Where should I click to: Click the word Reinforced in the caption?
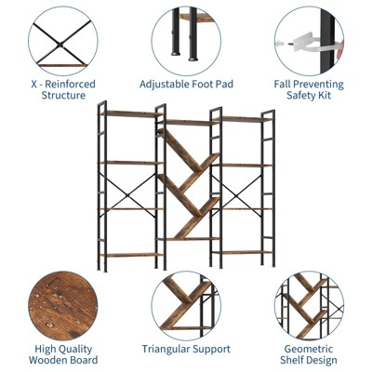click(x=71, y=85)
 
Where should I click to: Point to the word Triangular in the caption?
click(x=166, y=349)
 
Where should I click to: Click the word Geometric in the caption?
click(x=309, y=349)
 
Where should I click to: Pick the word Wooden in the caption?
click(x=46, y=360)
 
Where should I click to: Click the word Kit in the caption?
click(x=325, y=95)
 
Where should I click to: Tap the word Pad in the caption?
click(x=225, y=85)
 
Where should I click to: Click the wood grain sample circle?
click(x=63, y=306)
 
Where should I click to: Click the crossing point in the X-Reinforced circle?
click(x=60, y=46)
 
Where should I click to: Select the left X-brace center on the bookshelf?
click(x=126, y=195)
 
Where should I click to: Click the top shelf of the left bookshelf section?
click(x=132, y=113)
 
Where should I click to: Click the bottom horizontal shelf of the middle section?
click(x=189, y=239)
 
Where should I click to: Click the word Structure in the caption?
click(x=63, y=95)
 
